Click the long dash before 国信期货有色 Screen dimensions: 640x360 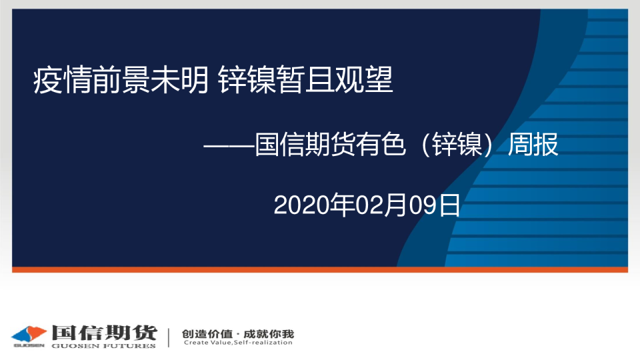coord(229,145)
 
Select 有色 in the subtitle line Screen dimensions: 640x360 coord(381,145)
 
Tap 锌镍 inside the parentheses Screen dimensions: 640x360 coord(457,145)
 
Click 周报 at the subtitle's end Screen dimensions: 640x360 coord(533,145)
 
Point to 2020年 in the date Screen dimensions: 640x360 coord(314,205)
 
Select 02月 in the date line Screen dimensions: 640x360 coord(382,205)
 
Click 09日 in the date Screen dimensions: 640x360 coord(435,205)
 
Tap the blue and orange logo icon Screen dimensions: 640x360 coord(29,335)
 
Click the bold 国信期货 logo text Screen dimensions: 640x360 coord(105,333)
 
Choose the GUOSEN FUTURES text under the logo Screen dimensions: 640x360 coord(104,346)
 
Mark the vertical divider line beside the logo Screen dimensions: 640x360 coord(169,337)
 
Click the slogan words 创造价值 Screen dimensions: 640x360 coord(207,334)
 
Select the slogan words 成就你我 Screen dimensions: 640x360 coord(269,334)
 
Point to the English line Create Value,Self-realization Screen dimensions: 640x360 coord(238,343)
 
